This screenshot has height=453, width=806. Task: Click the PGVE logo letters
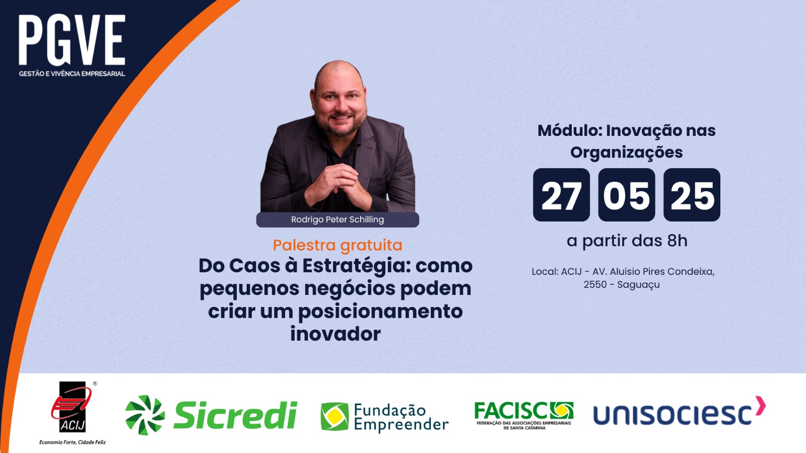(72, 40)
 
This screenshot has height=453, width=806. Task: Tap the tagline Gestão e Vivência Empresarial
(72, 73)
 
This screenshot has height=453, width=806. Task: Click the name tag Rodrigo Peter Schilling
(338, 219)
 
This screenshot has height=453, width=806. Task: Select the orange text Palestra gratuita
(338, 245)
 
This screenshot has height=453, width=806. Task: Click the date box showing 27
(561, 195)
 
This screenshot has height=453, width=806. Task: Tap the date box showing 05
(627, 195)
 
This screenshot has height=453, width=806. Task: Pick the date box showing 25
(692, 195)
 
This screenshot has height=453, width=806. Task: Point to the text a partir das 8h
(627, 241)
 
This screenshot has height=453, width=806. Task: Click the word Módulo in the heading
(570, 130)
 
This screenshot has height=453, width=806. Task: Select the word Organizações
(627, 153)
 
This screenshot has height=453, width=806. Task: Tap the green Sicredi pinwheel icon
(145, 415)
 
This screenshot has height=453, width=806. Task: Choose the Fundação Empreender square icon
(334, 416)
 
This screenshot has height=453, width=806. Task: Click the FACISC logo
(524, 416)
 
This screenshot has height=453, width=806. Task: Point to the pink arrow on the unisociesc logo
(760, 406)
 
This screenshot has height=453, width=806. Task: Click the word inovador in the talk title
(335, 334)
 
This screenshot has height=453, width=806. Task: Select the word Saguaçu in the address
(639, 285)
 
